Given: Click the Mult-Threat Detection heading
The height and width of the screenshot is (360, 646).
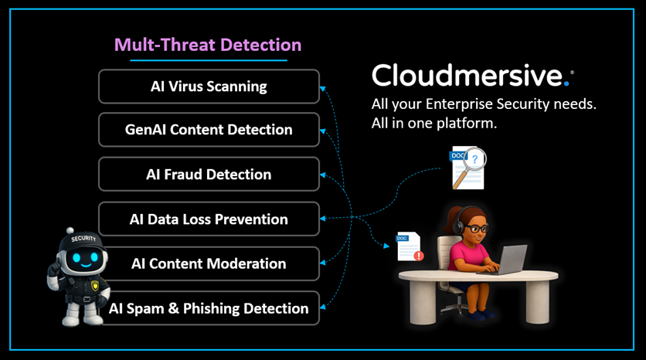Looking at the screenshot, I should click(x=208, y=45).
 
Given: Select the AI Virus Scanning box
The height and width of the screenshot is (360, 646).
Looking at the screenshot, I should click(x=209, y=86).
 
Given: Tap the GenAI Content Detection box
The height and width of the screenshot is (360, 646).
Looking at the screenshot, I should click(x=209, y=130).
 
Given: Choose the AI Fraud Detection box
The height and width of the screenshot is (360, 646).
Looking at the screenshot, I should click(x=209, y=175).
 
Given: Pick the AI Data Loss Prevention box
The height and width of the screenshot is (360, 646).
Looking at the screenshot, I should click(x=209, y=219).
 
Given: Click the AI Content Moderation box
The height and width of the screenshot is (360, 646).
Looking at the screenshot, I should click(x=209, y=263).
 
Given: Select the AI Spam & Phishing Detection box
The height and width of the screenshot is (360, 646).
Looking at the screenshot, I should click(x=209, y=308).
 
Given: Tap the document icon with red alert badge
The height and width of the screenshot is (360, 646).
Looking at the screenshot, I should click(x=409, y=246).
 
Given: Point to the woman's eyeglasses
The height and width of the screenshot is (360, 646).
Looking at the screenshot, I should click(x=477, y=229).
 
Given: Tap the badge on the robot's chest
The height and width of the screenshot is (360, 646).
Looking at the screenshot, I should click(x=95, y=285).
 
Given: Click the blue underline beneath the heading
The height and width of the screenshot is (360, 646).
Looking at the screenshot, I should click(x=208, y=60).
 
